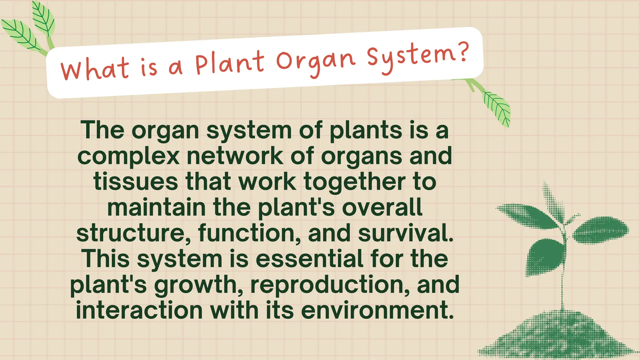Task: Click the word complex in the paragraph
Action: click(x=128, y=156)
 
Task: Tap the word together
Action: click(x=355, y=182)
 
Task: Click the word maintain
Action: click(x=156, y=207)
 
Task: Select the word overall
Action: click(x=382, y=207)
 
